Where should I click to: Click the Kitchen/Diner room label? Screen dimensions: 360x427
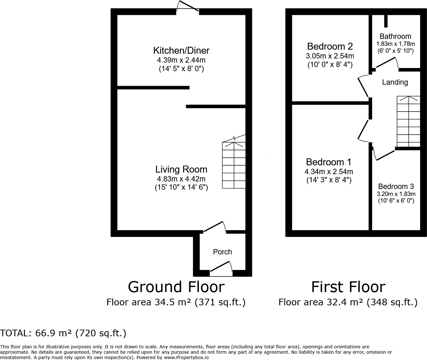(181, 51)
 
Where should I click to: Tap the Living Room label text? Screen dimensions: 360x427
(181, 169)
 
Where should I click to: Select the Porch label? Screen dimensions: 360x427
(222, 252)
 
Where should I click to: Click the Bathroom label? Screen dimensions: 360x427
(395, 36)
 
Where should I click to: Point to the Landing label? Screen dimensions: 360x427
(395, 82)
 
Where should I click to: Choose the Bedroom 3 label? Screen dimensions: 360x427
(396, 186)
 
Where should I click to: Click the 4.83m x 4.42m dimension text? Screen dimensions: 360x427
(181, 179)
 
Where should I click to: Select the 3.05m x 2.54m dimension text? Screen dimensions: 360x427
(330, 56)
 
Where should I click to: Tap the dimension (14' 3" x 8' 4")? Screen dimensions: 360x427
(329, 180)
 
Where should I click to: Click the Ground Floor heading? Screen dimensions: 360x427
(176, 287)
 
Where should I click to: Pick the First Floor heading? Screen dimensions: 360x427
(348, 287)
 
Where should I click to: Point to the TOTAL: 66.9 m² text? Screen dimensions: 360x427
(63, 333)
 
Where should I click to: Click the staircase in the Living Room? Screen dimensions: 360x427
(234, 164)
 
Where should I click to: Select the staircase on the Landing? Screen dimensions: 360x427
(408, 122)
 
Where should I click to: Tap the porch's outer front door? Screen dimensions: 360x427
(221, 267)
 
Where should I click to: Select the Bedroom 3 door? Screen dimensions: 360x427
(384, 155)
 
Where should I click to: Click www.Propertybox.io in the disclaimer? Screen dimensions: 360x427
(186, 357)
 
